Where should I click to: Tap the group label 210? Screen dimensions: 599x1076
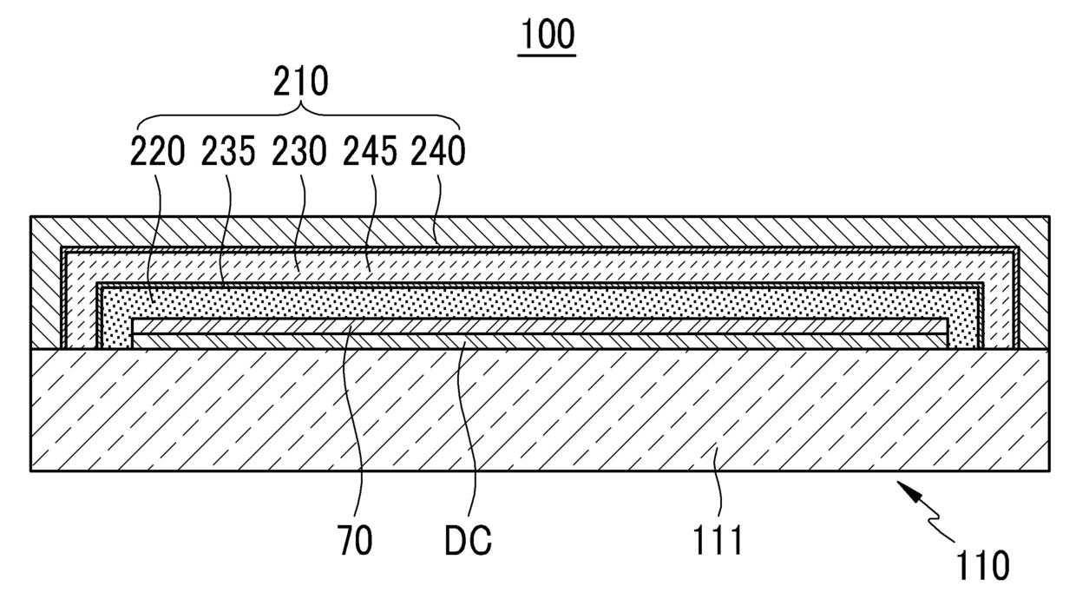[301, 82]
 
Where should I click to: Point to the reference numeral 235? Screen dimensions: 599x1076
[228, 152]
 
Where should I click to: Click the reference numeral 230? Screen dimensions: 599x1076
[299, 152]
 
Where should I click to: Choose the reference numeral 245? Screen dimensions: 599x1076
[371, 152]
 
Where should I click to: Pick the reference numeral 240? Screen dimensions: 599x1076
[439, 152]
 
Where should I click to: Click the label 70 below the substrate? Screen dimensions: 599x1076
[355, 541]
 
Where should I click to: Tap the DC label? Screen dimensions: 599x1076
[468, 541]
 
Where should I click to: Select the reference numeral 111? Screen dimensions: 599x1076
[718, 541]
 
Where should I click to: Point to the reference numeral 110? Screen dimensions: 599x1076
[983, 565]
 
